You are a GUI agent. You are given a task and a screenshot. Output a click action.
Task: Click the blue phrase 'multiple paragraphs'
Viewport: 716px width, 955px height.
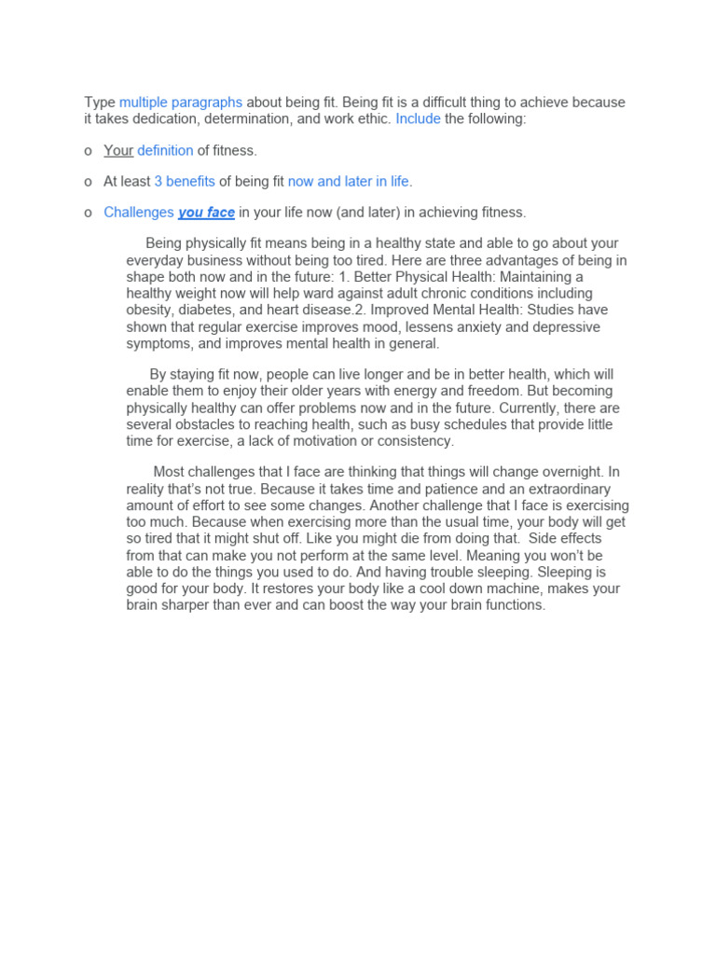point(181,103)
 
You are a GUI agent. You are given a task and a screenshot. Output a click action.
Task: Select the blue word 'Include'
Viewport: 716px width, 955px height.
point(418,118)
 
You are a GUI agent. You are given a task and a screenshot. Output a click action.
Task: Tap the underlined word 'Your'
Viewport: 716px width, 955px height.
point(118,150)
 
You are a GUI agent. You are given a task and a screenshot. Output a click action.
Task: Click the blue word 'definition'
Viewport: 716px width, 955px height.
point(165,150)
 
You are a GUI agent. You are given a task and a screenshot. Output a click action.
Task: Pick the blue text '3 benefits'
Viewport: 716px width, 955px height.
point(185,181)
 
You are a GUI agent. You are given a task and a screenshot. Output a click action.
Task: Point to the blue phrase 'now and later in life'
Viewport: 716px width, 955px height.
point(349,181)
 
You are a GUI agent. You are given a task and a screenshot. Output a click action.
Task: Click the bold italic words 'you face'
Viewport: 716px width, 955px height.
point(206,213)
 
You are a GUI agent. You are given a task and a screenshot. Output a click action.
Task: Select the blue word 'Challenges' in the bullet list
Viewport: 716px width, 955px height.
point(139,213)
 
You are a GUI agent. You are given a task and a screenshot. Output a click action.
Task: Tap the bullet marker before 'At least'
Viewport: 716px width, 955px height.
point(88,182)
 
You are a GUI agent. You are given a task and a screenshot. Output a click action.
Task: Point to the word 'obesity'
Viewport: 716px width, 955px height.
point(150,311)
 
